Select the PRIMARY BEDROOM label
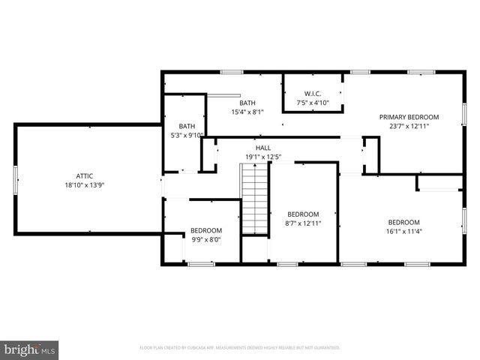[409, 117]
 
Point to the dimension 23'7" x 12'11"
[409, 127]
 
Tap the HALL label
[262, 148]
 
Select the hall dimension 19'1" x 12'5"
[262, 157]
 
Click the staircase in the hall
[254, 199]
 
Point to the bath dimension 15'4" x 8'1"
[247, 112]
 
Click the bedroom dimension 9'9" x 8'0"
[205, 240]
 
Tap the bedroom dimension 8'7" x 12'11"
[303, 223]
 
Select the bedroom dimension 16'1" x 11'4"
[403, 232]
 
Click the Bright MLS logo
[30, 349]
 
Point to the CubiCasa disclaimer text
[240, 348]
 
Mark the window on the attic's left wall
[15, 179]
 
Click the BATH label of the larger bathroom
[247, 103]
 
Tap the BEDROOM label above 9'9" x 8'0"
[205, 230]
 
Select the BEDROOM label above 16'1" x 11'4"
[403, 222]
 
